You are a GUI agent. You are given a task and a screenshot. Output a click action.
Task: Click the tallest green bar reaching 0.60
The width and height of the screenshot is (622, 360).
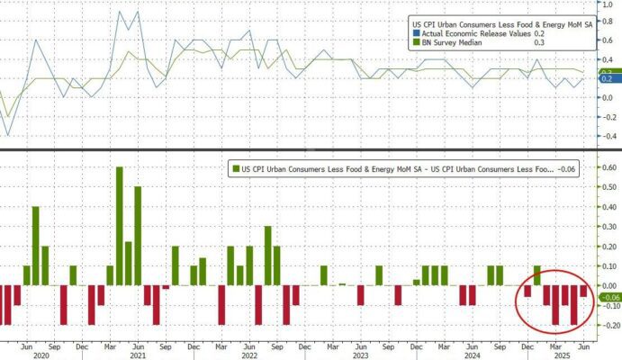point(119,225)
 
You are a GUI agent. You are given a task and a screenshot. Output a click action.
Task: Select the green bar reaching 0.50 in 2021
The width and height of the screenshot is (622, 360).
point(138,235)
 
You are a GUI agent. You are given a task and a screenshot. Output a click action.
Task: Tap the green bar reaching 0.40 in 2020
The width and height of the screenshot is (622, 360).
point(36,245)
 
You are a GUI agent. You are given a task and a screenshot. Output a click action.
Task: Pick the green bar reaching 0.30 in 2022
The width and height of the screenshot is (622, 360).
point(267,256)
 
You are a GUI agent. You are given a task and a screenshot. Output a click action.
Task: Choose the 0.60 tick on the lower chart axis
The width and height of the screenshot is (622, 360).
point(608,167)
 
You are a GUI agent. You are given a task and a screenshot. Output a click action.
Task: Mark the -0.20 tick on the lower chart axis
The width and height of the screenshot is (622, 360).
point(608,325)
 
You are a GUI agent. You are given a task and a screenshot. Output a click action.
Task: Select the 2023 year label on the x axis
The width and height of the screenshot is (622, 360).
point(360,355)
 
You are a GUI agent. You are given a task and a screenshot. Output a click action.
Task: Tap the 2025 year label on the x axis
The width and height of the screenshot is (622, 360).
point(559,355)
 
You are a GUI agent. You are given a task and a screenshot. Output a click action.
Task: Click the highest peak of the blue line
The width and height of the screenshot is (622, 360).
point(137,12)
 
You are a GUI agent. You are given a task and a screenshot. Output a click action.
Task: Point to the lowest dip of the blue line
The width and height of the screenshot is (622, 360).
point(8,135)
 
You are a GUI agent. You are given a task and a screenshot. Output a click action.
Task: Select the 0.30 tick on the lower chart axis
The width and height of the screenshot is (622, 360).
point(608,227)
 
